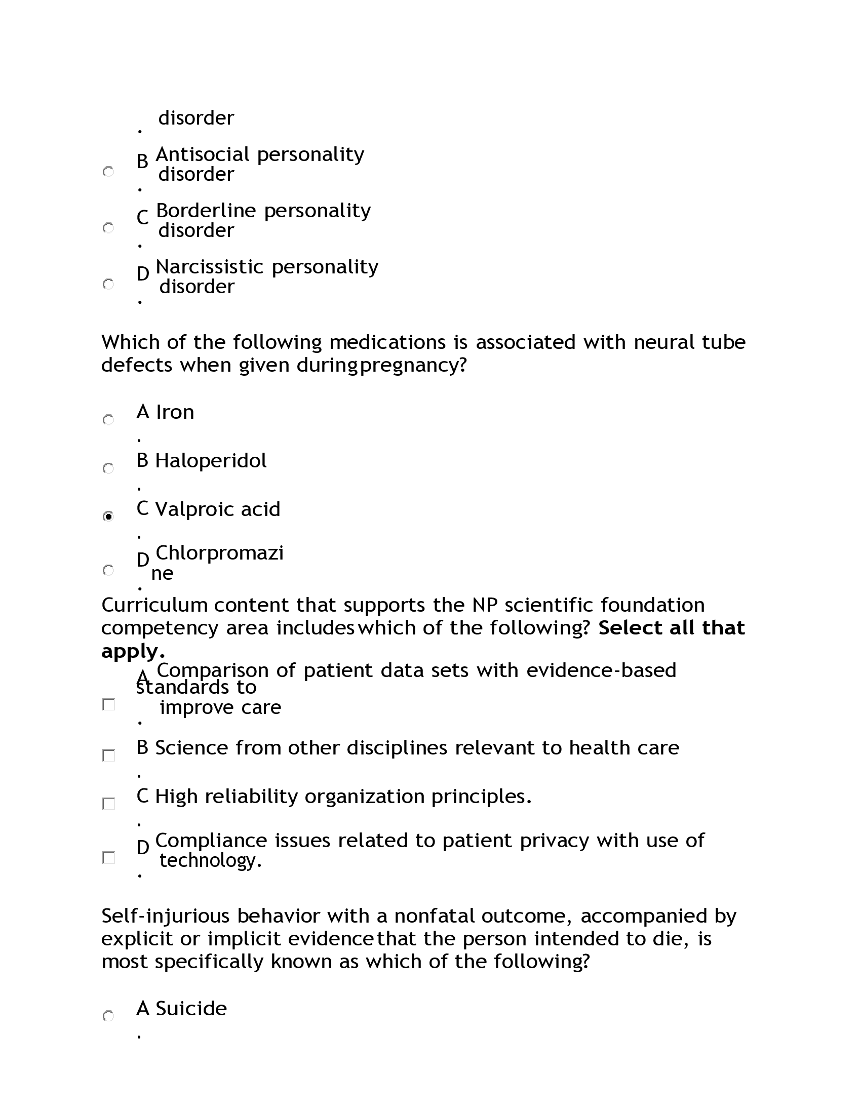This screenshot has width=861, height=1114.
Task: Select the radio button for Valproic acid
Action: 108,516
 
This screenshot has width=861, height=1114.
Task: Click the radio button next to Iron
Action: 108,420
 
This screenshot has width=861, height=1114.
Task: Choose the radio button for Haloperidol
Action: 108,468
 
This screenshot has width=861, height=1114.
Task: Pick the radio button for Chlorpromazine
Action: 108,570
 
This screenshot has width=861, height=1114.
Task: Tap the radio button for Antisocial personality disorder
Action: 108,172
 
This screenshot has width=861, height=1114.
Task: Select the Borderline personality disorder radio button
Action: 108,228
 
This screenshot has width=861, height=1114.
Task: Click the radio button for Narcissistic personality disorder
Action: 108,284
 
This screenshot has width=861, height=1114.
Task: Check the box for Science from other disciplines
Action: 109,755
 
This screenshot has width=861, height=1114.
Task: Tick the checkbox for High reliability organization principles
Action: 109,804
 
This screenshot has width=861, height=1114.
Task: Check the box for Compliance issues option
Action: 109,857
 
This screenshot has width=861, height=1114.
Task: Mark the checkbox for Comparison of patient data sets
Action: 109,704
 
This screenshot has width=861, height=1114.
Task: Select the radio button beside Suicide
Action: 108,1016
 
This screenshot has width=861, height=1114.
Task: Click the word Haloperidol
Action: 211,461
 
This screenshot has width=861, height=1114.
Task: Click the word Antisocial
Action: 203,154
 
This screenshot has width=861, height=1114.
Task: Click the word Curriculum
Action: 154,606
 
